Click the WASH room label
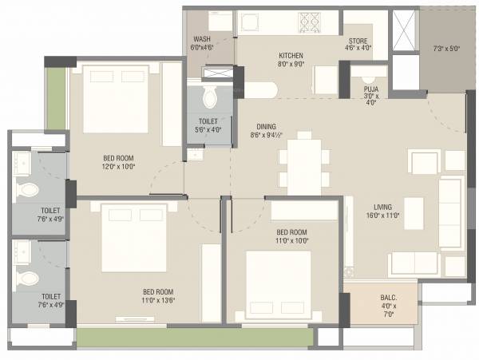pos(201,39)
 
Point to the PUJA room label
pos(370,89)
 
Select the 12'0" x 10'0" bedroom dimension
pos(118,166)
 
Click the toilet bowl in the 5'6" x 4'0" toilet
pos(209,98)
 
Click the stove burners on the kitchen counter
pos(308,20)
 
